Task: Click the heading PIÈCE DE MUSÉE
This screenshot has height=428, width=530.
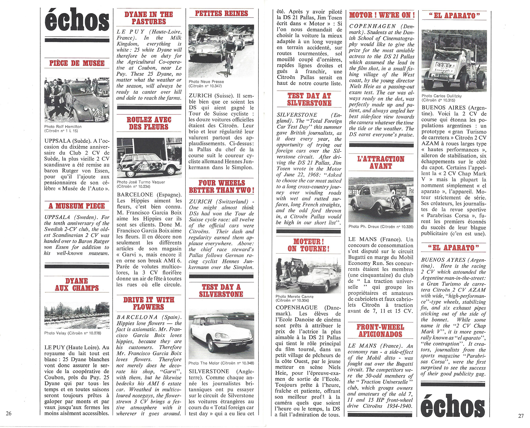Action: (77, 63)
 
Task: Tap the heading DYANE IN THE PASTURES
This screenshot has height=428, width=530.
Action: (149, 18)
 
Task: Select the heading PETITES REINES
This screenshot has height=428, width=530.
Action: (221, 14)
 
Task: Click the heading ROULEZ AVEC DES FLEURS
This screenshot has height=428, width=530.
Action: (149, 123)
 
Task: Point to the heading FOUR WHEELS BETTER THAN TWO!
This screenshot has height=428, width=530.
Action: (221, 187)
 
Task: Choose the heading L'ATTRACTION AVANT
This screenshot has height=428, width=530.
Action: (381, 162)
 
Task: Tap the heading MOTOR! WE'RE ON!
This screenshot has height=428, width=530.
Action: (382, 15)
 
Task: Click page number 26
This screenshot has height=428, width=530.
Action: (8, 413)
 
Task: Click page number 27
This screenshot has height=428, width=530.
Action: (521, 416)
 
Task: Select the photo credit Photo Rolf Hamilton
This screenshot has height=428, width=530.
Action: (63, 127)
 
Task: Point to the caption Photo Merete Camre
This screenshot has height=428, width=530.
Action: (294, 296)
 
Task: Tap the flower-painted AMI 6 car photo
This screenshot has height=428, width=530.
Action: (149, 158)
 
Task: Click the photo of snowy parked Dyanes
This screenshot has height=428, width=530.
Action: (77, 315)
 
